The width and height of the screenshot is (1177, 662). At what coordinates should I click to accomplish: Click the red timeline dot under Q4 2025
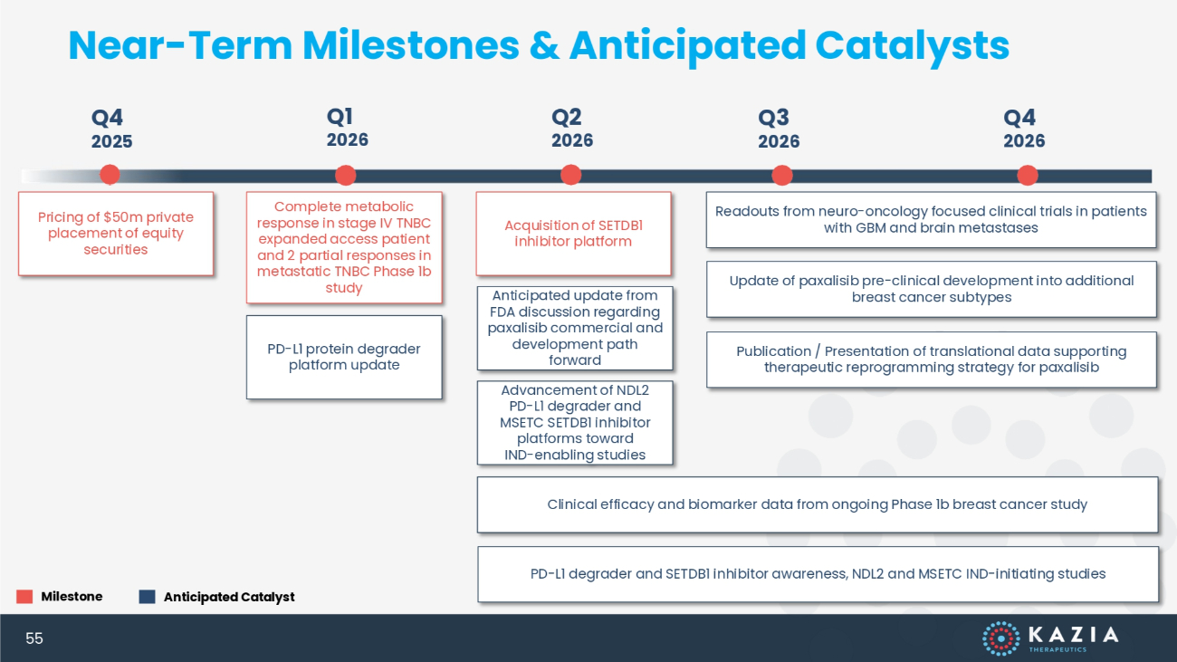tap(110, 175)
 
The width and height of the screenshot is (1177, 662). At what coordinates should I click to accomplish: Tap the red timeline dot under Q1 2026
tap(345, 175)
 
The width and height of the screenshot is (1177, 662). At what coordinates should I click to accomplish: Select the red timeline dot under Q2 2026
tap(570, 175)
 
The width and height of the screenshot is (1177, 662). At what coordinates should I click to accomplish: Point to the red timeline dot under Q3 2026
tap(782, 176)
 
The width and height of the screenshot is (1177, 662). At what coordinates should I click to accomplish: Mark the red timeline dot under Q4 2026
tap(1028, 176)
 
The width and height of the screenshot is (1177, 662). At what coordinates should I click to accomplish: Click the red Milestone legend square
tap(24, 596)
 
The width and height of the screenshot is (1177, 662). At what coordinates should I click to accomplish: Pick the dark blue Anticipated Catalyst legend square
tap(147, 596)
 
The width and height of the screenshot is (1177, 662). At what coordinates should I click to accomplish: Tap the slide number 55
tap(34, 638)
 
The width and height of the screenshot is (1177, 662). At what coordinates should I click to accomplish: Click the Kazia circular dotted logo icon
tap(1001, 638)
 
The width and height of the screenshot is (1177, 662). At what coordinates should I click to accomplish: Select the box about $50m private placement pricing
tap(116, 234)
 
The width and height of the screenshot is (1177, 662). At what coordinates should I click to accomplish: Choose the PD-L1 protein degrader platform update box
tap(344, 358)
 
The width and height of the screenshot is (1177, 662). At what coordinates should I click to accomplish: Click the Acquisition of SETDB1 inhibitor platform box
tap(574, 234)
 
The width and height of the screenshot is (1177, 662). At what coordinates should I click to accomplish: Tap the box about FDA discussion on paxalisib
tap(575, 328)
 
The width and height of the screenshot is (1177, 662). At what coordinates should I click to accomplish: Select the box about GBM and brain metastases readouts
tap(931, 220)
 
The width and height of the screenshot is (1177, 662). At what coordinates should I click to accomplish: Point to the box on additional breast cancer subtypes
tap(931, 289)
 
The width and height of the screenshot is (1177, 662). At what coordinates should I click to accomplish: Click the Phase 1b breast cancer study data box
tap(818, 504)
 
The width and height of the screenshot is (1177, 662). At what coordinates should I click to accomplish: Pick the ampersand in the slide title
tap(544, 45)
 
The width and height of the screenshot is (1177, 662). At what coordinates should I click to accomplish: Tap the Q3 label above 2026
tap(773, 118)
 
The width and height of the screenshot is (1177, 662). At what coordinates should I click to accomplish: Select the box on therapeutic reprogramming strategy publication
tap(931, 360)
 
